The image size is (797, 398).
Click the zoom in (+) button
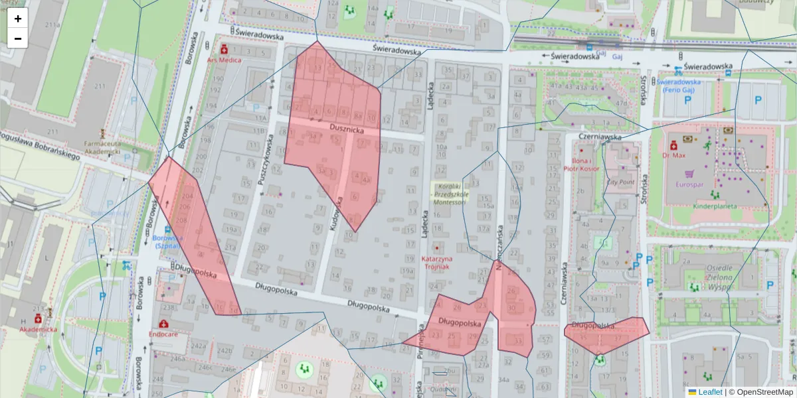tap(18, 19)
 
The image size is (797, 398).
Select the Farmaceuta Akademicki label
tap(102, 147)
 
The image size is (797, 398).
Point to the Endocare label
tap(171, 335)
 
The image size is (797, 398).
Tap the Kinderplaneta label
tap(715, 206)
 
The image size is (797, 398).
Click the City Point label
tap(621, 181)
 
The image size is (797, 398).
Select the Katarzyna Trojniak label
tap(437, 262)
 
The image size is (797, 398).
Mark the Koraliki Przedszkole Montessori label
tap(450, 195)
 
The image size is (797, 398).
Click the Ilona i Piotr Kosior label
tap(581, 165)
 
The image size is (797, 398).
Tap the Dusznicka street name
tap(346, 131)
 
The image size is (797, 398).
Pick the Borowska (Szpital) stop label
tap(166, 241)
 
